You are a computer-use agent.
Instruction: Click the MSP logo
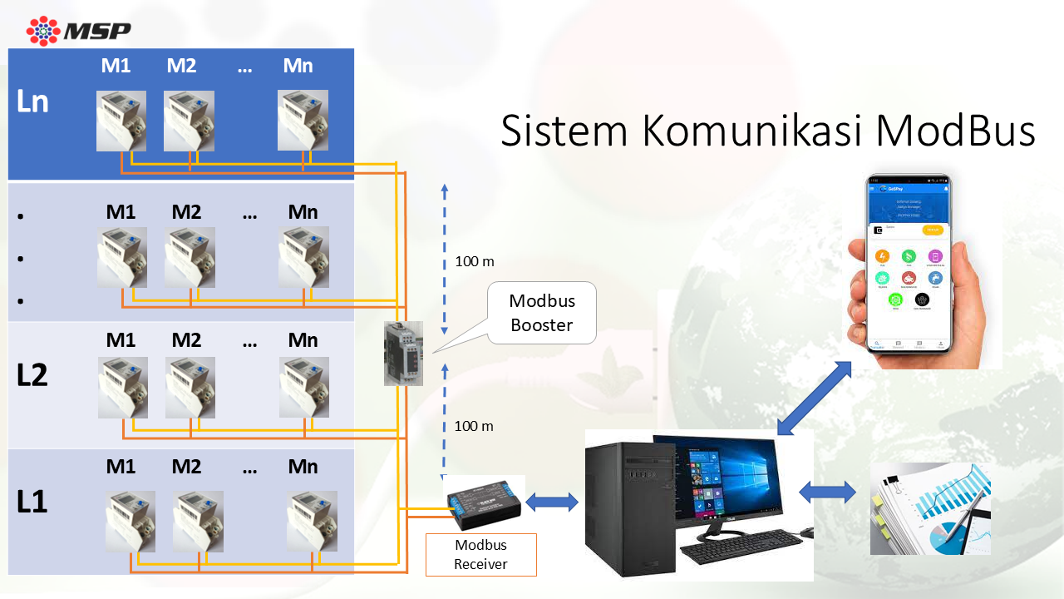[x=78, y=31]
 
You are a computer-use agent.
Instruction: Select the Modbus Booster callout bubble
[x=542, y=313]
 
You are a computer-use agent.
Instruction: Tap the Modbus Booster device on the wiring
[x=403, y=354]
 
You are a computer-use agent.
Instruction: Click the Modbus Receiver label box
[x=480, y=555]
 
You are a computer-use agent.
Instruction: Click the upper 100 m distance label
[x=474, y=261]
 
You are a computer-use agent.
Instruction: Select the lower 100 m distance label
[x=474, y=426]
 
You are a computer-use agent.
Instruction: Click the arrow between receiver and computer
[x=552, y=502]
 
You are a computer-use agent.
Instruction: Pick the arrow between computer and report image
[x=827, y=493]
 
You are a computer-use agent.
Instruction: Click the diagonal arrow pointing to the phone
[x=815, y=398]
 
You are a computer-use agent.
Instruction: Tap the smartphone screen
[x=909, y=262]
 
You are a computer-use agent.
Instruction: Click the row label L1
[x=32, y=502]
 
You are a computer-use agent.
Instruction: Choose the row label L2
[x=32, y=375]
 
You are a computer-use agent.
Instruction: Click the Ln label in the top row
[x=32, y=101]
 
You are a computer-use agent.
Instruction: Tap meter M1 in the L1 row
[x=131, y=521]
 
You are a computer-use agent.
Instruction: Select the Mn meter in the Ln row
[x=302, y=121]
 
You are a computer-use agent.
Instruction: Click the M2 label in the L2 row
[x=186, y=339]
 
